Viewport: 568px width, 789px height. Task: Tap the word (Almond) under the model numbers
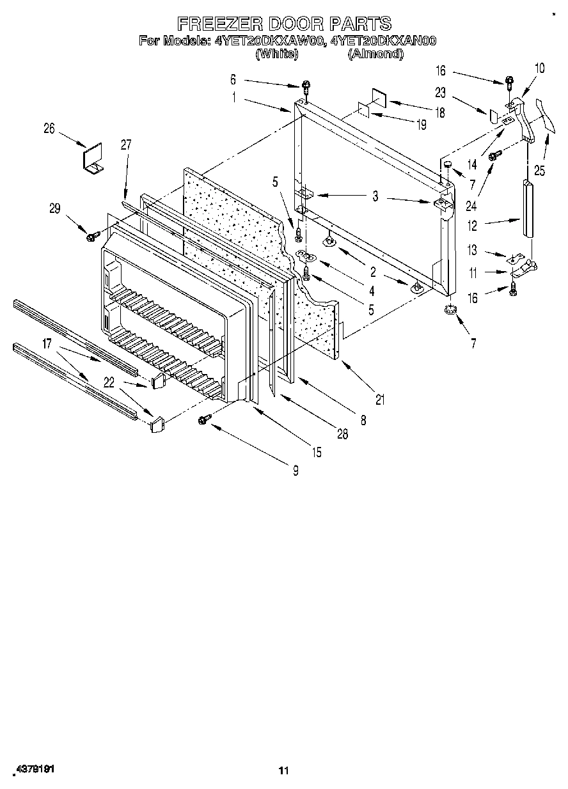point(375,54)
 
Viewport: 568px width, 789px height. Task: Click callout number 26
point(49,129)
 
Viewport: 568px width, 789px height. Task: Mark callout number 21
point(380,401)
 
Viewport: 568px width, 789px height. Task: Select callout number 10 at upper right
point(540,67)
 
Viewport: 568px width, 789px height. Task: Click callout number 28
point(342,435)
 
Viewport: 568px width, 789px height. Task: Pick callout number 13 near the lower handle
point(473,251)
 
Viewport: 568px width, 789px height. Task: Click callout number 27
point(125,145)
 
